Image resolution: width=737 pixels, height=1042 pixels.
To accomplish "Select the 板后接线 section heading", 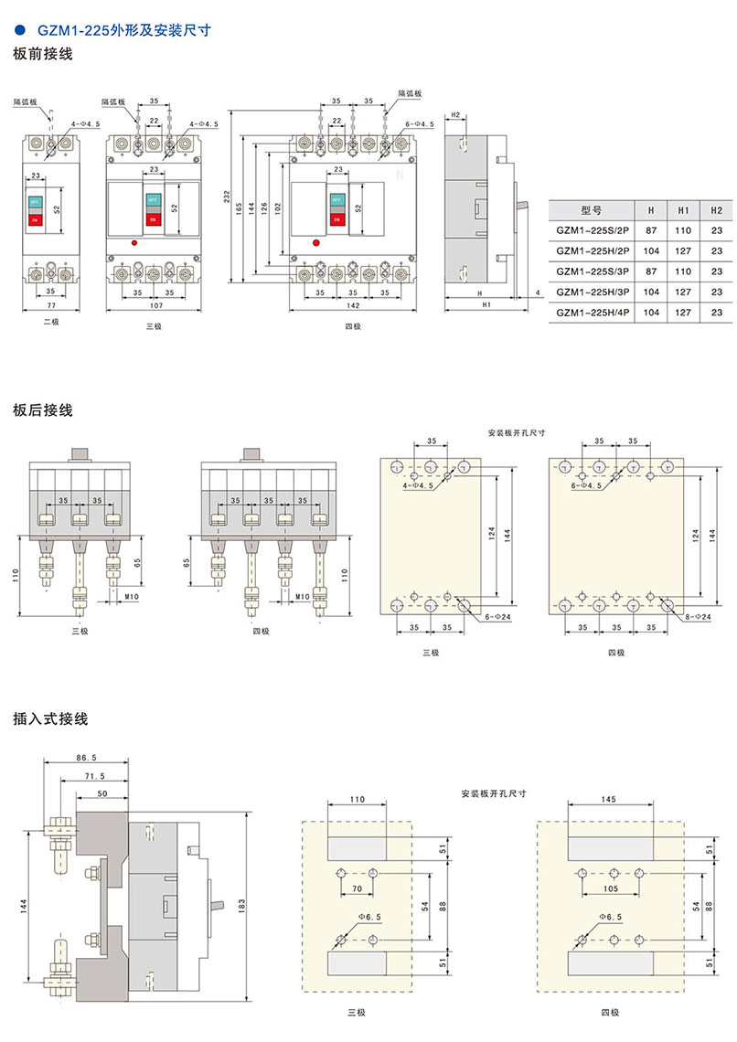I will click(43, 410).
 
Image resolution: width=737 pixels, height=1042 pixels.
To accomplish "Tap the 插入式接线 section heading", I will click(50, 719).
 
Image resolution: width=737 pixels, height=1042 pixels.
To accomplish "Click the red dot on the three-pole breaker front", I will click(134, 243).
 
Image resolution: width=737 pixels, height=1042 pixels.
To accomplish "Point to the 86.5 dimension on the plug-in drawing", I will click(88, 758).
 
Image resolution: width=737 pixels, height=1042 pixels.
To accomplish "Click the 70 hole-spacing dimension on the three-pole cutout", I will click(357, 888).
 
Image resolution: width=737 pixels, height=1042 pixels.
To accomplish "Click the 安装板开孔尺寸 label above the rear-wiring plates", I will click(517, 433).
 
